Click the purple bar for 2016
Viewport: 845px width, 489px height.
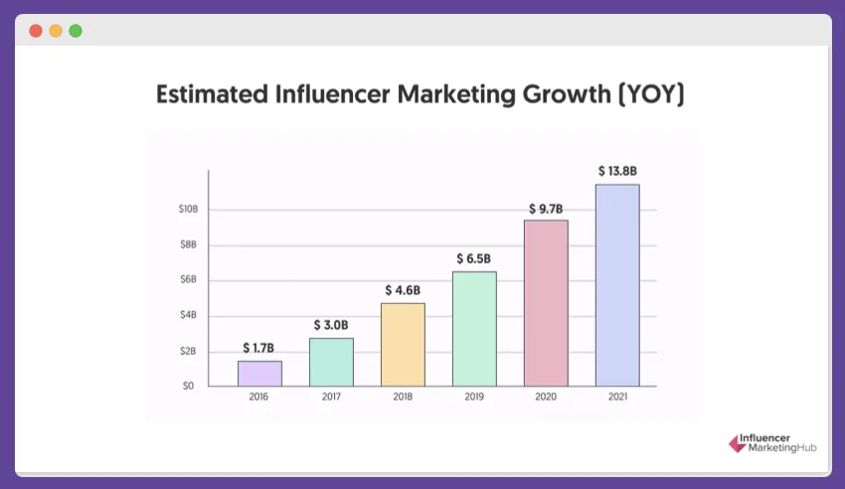(x=259, y=374)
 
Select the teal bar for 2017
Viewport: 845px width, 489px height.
(x=331, y=362)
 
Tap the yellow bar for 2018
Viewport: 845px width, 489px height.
(x=403, y=345)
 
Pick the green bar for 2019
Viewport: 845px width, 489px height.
(x=474, y=329)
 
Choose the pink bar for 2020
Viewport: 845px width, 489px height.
(x=546, y=303)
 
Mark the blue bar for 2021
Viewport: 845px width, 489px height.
(x=617, y=285)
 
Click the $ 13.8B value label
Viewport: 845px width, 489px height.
(x=616, y=171)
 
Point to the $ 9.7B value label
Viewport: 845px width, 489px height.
(x=546, y=208)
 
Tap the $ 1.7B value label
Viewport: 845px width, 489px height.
(x=259, y=348)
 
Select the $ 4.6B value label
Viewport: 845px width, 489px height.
(x=403, y=290)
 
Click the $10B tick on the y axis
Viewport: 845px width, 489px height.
(x=188, y=210)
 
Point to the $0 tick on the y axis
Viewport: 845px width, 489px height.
(x=188, y=386)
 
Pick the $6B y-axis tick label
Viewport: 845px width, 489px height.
(x=188, y=280)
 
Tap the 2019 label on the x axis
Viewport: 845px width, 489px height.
(x=474, y=397)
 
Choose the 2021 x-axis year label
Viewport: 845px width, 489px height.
(x=617, y=397)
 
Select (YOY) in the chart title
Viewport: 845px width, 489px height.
(x=651, y=95)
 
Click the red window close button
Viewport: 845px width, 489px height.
(x=36, y=31)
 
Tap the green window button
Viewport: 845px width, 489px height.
(x=76, y=31)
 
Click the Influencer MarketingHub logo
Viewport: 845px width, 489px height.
(x=771, y=444)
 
